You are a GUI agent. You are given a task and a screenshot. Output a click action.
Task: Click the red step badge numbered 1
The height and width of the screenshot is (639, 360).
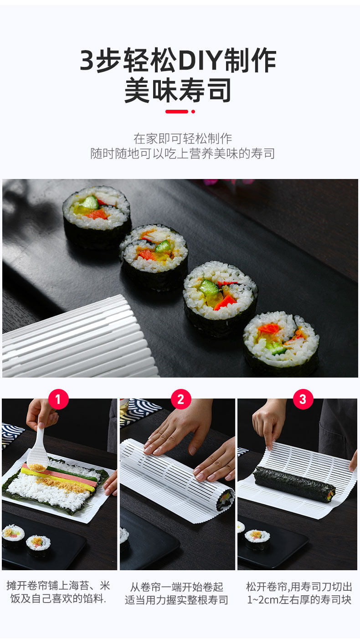[x=58, y=399]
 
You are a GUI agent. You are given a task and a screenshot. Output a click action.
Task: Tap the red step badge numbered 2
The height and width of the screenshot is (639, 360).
[x=181, y=399]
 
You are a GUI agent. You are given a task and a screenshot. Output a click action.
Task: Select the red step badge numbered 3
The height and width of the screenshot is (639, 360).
[x=303, y=399]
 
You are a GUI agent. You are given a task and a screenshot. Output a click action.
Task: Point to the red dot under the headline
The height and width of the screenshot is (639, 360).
[x=193, y=112]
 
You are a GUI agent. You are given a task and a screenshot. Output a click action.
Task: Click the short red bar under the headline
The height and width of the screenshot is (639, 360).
[x=177, y=112]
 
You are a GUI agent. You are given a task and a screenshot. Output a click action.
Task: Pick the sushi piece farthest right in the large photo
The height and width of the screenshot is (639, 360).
[x=281, y=343]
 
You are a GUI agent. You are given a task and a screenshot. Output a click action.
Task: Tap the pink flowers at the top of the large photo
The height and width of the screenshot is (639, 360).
[x=228, y=182]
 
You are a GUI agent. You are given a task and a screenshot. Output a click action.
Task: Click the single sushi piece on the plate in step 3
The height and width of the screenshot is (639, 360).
[x=257, y=539]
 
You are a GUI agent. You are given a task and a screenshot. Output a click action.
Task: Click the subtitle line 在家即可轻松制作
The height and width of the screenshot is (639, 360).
[x=182, y=138]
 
